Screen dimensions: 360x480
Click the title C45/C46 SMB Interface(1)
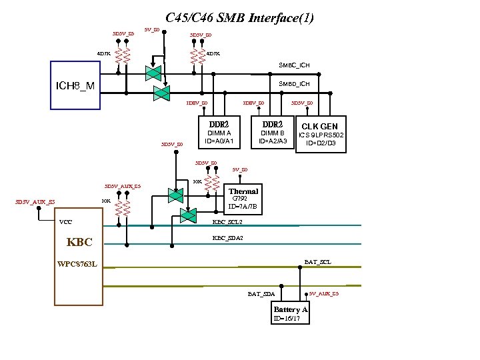(x=239, y=18)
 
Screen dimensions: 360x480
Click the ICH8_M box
(x=76, y=85)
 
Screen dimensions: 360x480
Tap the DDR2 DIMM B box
(x=273, y=133)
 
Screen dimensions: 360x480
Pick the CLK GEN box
(x=319, y=134)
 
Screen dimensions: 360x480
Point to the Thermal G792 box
(x=243, y=199)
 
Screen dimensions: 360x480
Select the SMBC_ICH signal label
(x=294, y=65)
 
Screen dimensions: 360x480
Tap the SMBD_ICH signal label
(x=294, y=83)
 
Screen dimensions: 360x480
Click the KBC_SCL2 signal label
(x=227, y=222)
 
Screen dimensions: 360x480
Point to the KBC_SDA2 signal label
(x=227, y=237)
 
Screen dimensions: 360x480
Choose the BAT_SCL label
(x=317, y=262)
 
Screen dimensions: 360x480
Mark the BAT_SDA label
(x=261, y=293)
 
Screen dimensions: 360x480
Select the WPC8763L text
(x=77, y=264)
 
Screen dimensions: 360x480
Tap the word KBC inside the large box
(x=79, y=242)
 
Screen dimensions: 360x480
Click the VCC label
(x=66, y=222)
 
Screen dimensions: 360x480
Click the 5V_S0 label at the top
(x=151, y=29)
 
